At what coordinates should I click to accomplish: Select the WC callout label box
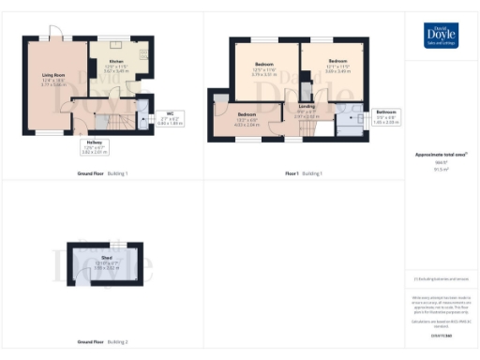(x=170, y=118)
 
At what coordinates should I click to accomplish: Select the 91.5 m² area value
(x=441, y=170)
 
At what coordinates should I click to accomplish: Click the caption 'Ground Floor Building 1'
(x=102, y=174)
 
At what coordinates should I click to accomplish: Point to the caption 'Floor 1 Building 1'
(x=304, y=174)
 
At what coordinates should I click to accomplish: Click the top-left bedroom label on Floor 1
(x=264, y=67)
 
